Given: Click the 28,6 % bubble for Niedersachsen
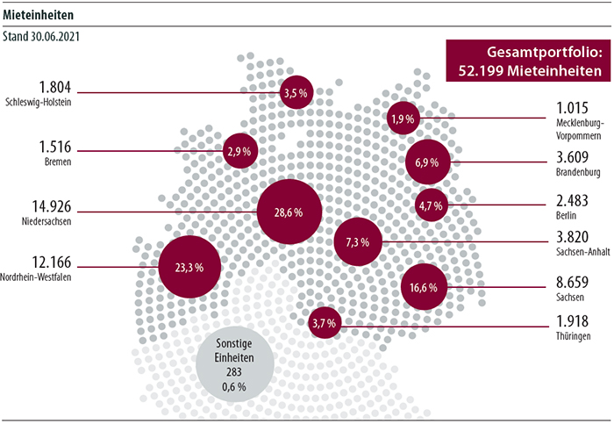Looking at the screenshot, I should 289,212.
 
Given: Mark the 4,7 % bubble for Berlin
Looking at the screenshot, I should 432,206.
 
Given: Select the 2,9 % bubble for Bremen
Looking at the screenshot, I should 239,151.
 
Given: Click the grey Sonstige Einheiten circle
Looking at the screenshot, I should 233,362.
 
